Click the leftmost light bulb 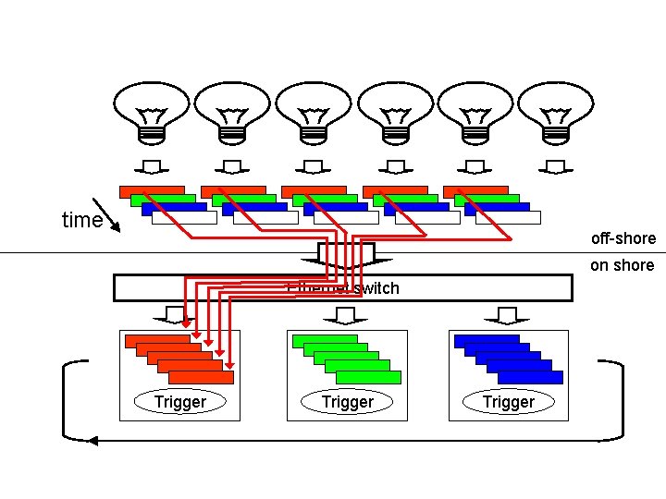coord(151,112)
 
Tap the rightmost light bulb coord(556,112)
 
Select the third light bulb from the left coord(314,112)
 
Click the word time coord(81,220)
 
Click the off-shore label coord(623,238)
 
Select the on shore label coord(622,265)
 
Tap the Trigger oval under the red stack coord(179,402)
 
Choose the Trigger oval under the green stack coord(347,402)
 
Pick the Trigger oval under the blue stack coord(508,402)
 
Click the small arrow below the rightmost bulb coord(556,167)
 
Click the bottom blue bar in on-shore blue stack coord(530,377)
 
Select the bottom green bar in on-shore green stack coord(368,377)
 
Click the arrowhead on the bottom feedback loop coord(94,441)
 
